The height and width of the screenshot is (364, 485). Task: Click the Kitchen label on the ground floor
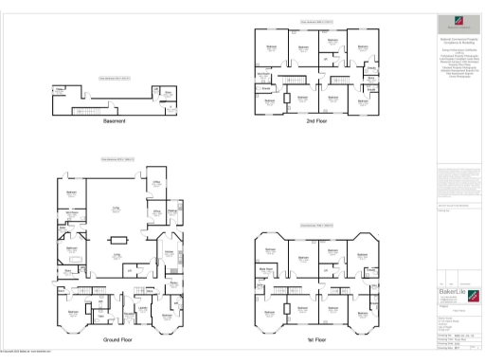[x=170, y=251]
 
